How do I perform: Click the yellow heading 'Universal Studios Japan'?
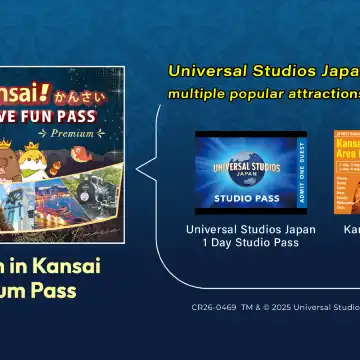pyautogui.click(x=265, y=72)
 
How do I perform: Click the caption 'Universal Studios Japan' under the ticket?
pyautogui.click(x=251, y=229)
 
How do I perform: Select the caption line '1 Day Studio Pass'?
pyautogui.click(x=251, y=243)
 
